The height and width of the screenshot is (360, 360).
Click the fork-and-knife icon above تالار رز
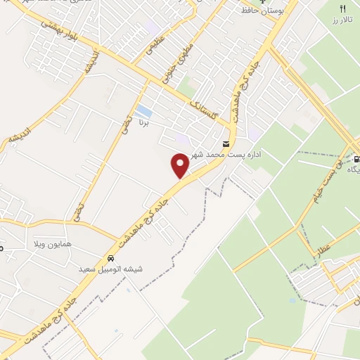343,8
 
